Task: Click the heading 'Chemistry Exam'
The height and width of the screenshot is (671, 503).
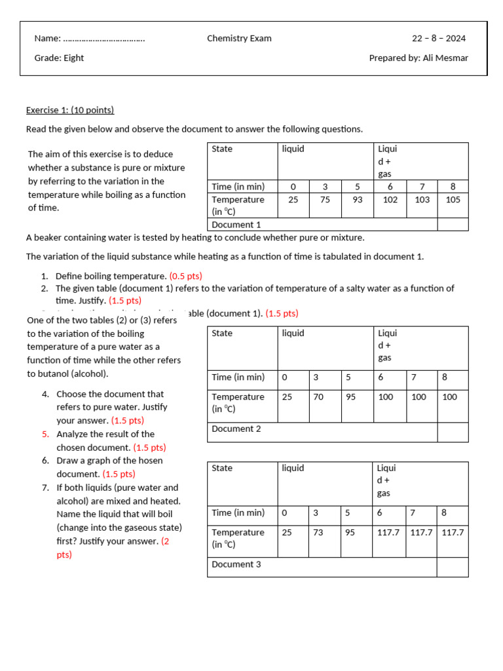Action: pyautogui.click(x=239, y=39)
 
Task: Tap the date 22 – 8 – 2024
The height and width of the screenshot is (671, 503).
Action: pyautogui.click(x=439, y=39)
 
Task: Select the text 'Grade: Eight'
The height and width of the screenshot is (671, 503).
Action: pyautogui.click(x=59, y=58)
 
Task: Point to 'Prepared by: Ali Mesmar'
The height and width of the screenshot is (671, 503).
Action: pyautogui.click(x=419, y=58)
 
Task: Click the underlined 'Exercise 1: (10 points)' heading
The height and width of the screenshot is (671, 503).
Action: pyautogui.click(x=70, y=110)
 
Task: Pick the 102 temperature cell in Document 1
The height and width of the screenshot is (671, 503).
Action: pyautogui.click(x=390, y=200)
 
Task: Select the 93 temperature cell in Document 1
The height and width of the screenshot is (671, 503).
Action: pyautogui.click(x=357, y=200)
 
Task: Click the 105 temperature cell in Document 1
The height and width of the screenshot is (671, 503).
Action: pyautogui.click(x=453, y=200)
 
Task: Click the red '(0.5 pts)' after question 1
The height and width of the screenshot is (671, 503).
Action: pyautogui.click(x=185, y=277)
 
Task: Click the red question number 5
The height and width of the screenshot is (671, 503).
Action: pyautogui.click(x=45, y=434)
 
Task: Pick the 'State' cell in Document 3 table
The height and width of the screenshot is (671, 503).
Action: pyautogui.click(x=222, y=469)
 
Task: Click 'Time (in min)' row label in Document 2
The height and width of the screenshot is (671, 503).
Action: pyautogui.click(x=238, y=377)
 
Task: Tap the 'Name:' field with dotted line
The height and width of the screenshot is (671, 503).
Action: pyautogui.click(x=89, y=39)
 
